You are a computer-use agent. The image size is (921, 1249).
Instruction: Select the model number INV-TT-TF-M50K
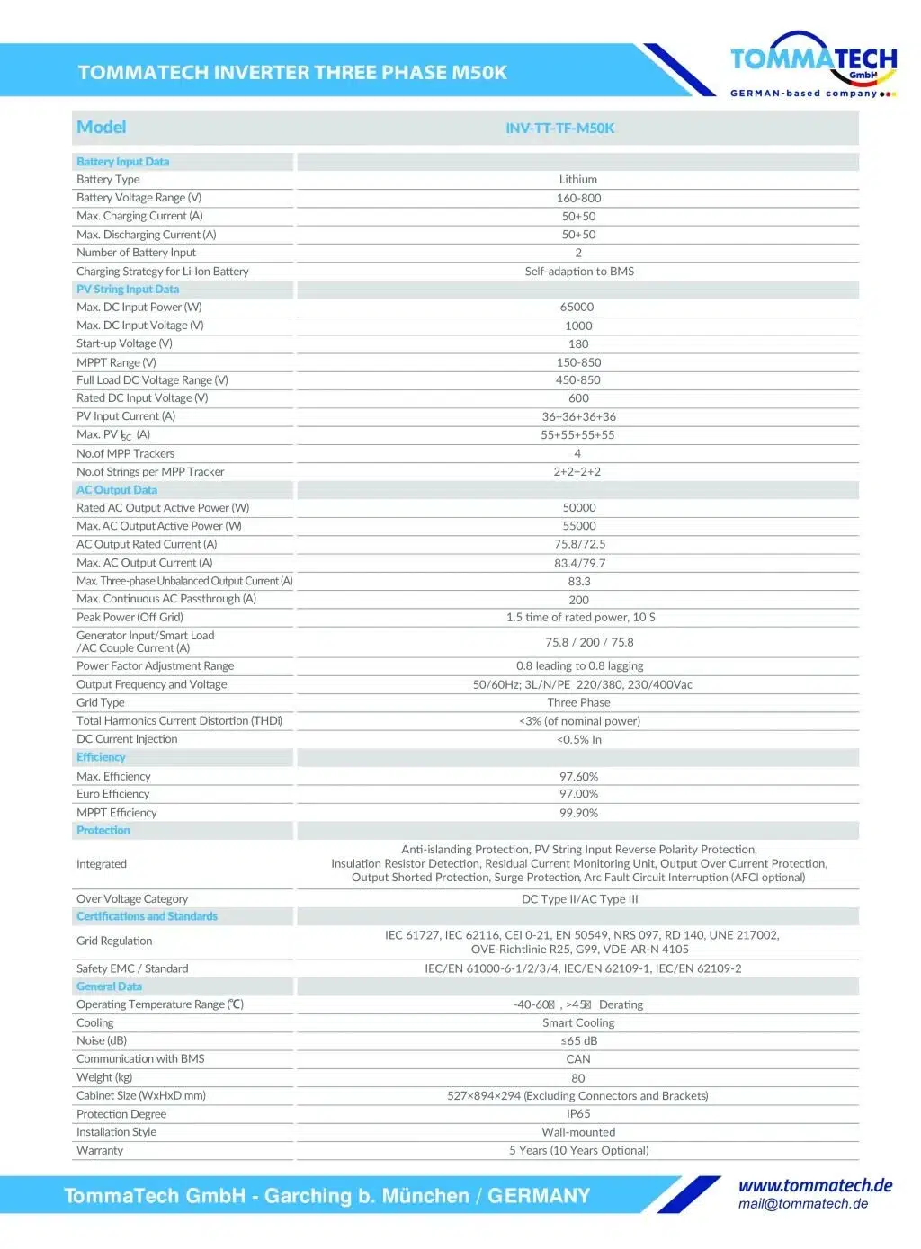tap(559, 128)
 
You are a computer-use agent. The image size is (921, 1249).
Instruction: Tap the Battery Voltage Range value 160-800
tap(578, 198)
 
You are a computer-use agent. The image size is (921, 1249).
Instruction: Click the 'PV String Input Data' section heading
tap(128, 289)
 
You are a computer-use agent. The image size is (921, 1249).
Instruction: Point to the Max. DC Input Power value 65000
tap(577, 307)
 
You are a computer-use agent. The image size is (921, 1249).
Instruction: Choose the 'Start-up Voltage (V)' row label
tap(124, 343)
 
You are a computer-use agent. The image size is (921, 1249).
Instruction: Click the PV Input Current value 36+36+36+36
tap(578, 416)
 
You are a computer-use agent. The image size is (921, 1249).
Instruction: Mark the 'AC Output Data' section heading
tap(117, 490)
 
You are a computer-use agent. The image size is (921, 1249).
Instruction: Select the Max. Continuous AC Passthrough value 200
tap(578, 600)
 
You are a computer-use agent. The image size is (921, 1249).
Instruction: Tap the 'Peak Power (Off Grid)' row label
tap(130, 617)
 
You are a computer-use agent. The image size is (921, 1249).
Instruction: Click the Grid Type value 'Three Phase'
tap(578, 702)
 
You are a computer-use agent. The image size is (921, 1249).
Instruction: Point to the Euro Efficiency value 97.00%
tap(578, 794)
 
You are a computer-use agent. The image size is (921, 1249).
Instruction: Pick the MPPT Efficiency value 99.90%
tap(578, 813)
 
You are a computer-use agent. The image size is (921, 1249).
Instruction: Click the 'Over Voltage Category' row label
tap(132, 898)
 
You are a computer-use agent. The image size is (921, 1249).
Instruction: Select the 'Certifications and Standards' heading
tap(147, 916)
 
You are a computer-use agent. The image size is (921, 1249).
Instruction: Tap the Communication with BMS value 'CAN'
tap(578, 1059)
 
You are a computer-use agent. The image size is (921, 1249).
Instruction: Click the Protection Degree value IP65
tap(578, 1113)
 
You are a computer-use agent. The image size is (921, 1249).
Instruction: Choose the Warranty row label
tap(100, 1150)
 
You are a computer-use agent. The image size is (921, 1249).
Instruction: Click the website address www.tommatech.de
tap(815, 1185)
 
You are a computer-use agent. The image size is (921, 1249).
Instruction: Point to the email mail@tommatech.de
tap(803, 1204)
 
